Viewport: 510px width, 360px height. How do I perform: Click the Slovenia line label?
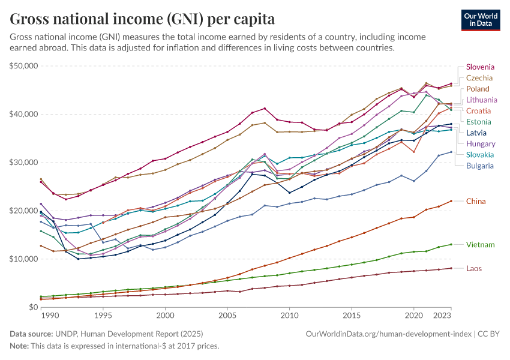(x=480, y=67)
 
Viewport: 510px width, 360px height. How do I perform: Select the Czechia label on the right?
(x=479, y=78)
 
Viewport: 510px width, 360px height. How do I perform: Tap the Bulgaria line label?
(x=480, y=166)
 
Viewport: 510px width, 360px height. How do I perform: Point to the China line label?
(x=476, y=202)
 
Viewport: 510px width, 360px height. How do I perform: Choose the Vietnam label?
(x=480, y=245)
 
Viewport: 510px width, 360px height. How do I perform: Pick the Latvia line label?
(x=476, y=133)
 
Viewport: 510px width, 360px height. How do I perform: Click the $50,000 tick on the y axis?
(x=23, y=65)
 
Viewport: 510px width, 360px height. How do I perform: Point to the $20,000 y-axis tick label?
(x=23, y=211)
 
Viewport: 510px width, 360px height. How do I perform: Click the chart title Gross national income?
(x=142, y=19)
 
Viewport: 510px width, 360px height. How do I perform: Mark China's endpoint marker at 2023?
(x=451, y=201)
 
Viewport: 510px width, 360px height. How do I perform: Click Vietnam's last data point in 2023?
(x=451, y=244)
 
